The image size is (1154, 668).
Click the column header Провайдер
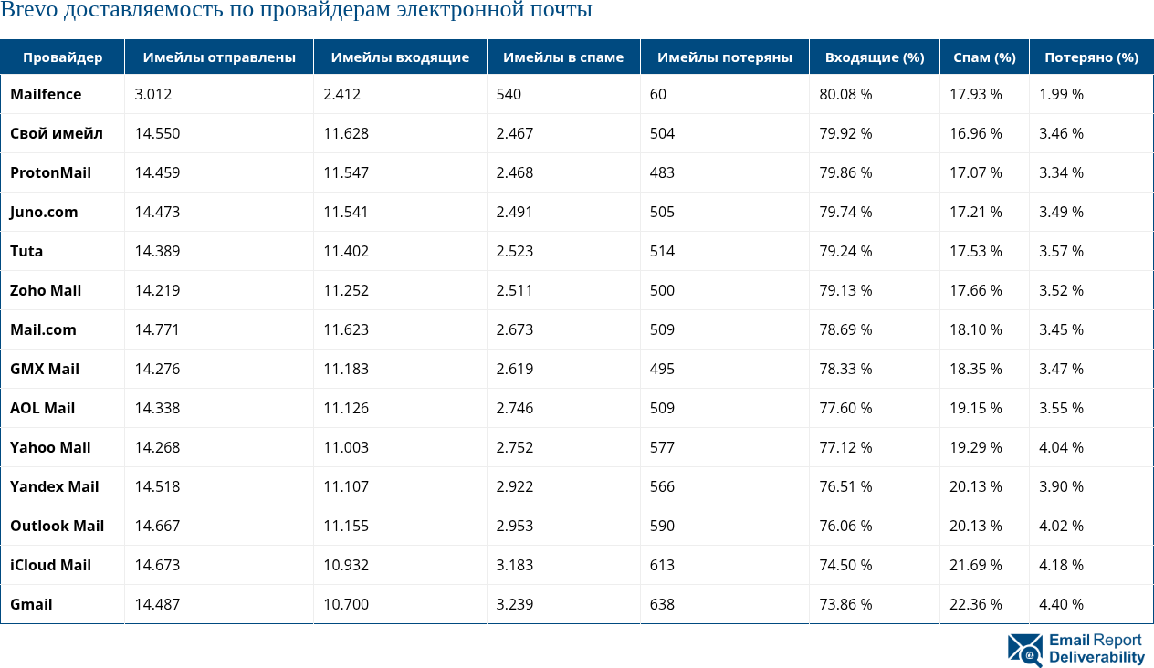[62, 57]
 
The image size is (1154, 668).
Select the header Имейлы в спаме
[563, 57]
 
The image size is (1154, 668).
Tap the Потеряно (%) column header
[1091, 57]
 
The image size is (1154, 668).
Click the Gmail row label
[31, 604]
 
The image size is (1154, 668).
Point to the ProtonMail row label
[50, 172]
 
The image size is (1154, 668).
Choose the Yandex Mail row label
[54, 486]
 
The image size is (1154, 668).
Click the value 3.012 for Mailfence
[152, 94]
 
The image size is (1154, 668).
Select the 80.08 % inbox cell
[845, 94]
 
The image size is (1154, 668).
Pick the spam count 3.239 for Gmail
[515, 604]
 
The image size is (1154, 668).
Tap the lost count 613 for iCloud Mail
[663, 565]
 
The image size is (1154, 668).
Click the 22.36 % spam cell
[975, 604]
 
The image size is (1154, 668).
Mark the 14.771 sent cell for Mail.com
[157, 329]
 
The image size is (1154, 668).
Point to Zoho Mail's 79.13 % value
[845, 290]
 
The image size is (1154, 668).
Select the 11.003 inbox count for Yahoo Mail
[346, 447]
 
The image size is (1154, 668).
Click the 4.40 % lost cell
[1061, 604]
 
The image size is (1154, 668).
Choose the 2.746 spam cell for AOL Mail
[515, 408]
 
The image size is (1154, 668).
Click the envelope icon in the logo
[1025, 650]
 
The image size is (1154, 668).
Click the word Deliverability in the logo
[1096, 658]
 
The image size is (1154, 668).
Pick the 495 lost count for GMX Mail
[662, 369]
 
